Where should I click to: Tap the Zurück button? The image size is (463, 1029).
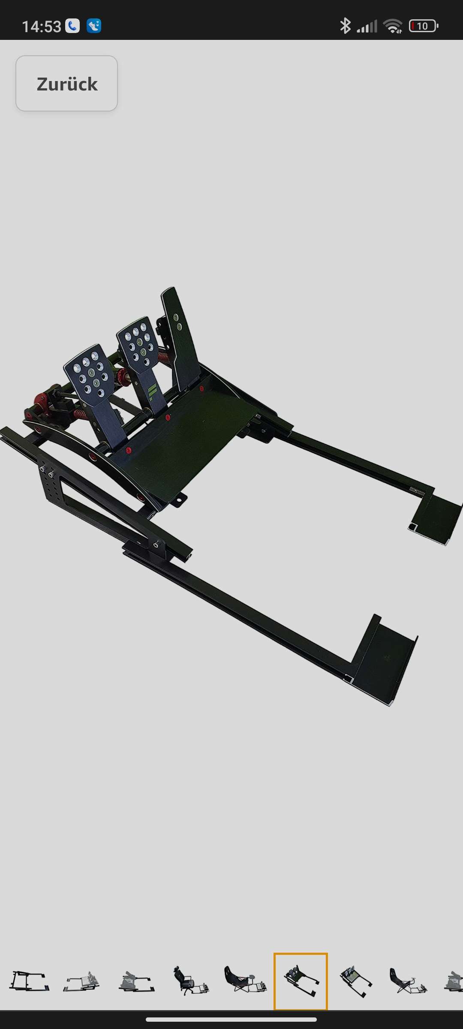(67, 84)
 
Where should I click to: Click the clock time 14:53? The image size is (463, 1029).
(42, 27)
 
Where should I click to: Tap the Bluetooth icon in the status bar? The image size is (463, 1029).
(345, 26)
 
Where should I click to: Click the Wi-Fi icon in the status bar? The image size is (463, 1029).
(393, 26)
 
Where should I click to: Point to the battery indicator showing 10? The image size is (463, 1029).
(424, 26)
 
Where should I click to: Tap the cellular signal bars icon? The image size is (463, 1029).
(367, 27)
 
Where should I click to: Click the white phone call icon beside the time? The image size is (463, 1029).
(72, 26)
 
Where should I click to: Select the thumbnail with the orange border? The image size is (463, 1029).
(301, 981)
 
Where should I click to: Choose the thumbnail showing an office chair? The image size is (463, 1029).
(191, 981)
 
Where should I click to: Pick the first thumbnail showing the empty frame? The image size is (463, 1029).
(29, 981)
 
